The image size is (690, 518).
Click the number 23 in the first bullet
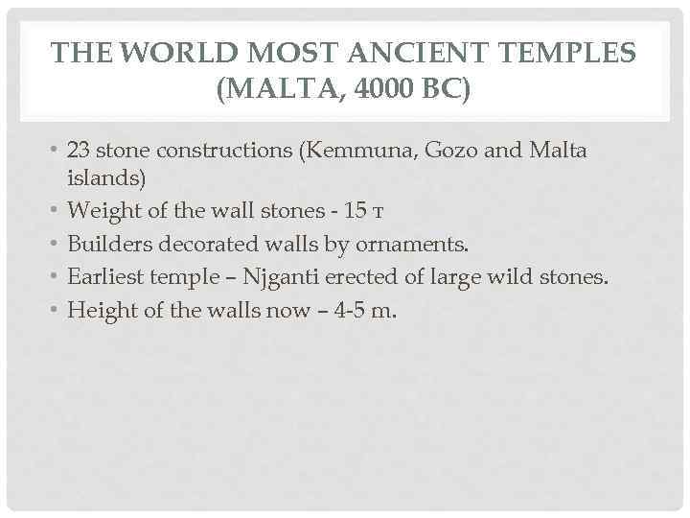(80, 152)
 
